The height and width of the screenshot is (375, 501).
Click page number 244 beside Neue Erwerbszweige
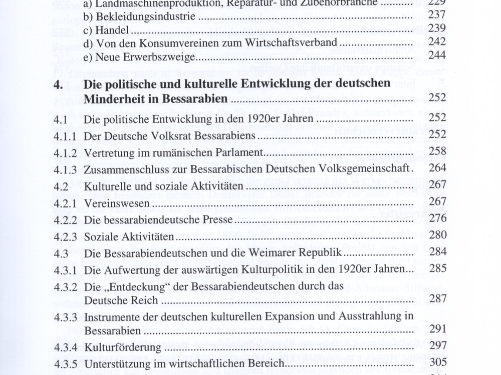[x=436, y=56]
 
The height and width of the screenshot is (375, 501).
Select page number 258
[x=436, y=151]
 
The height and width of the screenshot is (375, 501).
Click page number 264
[x=436, y=168]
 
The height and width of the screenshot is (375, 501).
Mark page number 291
[x=436, y=330]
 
